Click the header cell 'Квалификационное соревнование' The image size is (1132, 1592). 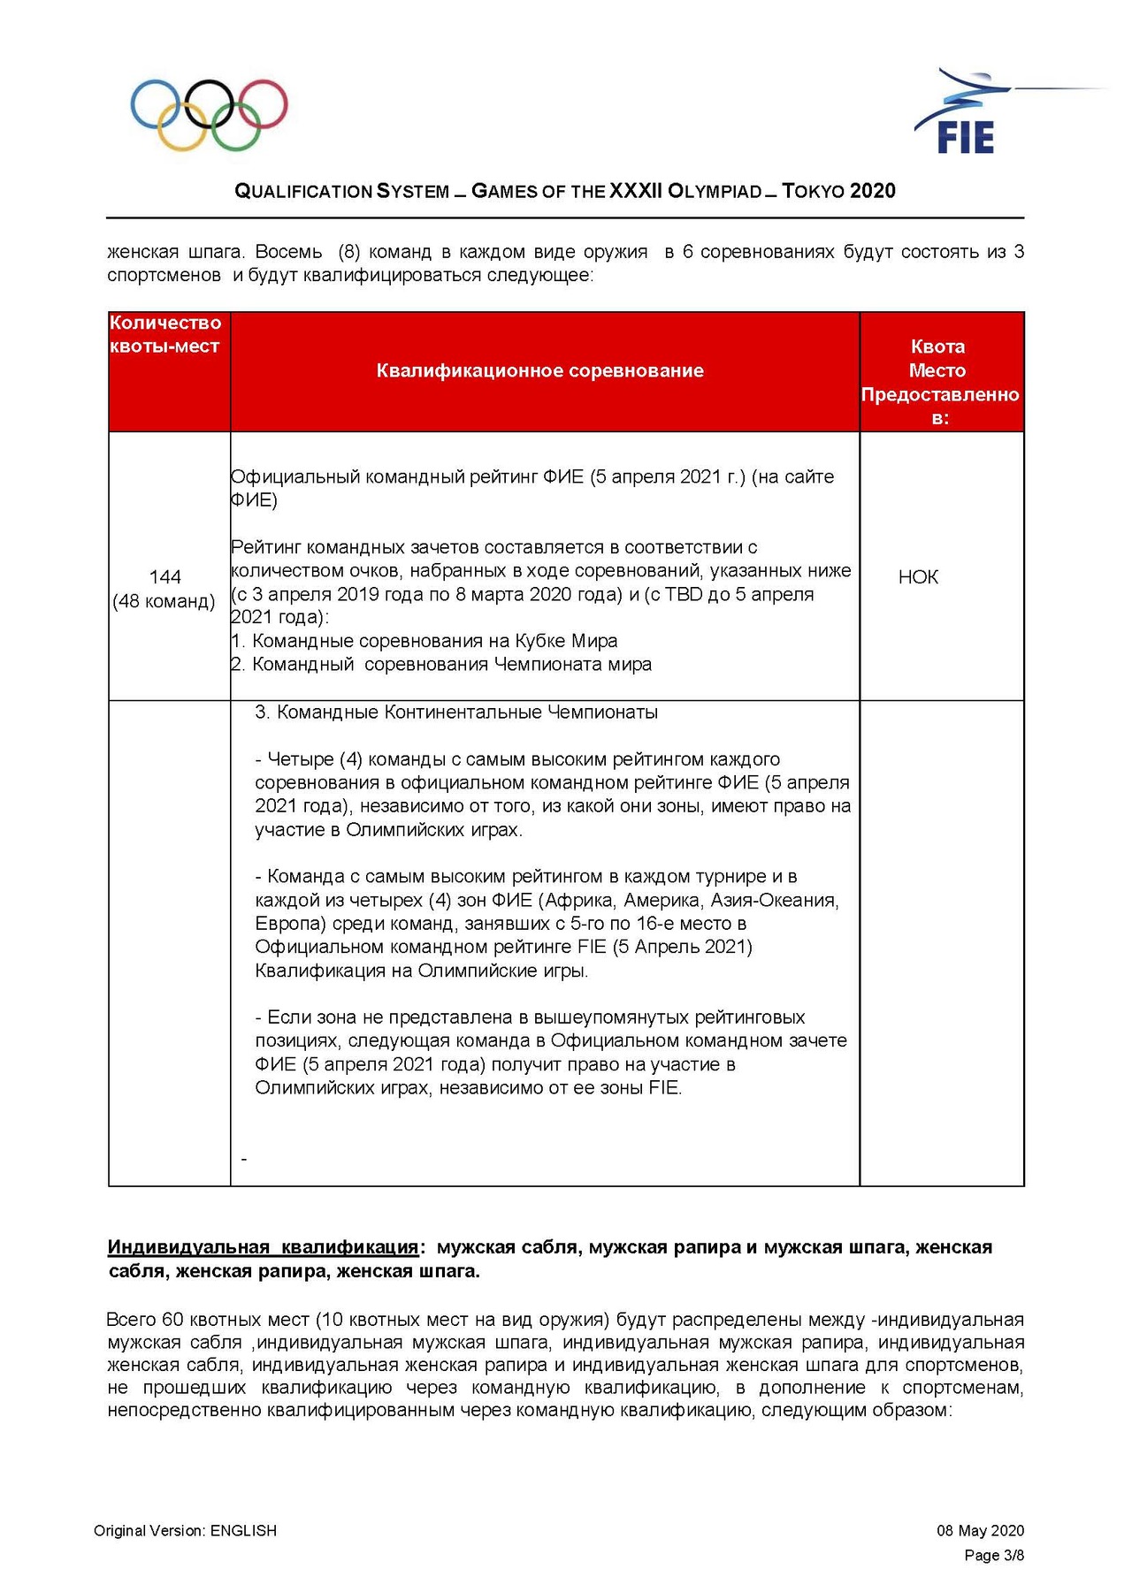pos(539,370)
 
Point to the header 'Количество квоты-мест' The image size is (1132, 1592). pos(164,334)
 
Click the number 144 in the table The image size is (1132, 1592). pos(165,577)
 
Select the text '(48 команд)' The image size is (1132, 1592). pos(164,601)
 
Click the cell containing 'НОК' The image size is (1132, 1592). pos(918,577)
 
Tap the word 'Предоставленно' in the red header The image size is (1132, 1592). pos(940,394)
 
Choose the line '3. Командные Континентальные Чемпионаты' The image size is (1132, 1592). pos(456,712)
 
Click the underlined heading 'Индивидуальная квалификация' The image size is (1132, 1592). pos(263,1247)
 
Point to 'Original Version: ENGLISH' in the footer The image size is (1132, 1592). pos(186,1530)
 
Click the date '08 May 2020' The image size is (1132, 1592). pos(980,1530)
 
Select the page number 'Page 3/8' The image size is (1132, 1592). pos(994,1555)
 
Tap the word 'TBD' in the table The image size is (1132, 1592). pos(683,594)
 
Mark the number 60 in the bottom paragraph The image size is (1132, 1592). pos(173,1320)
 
